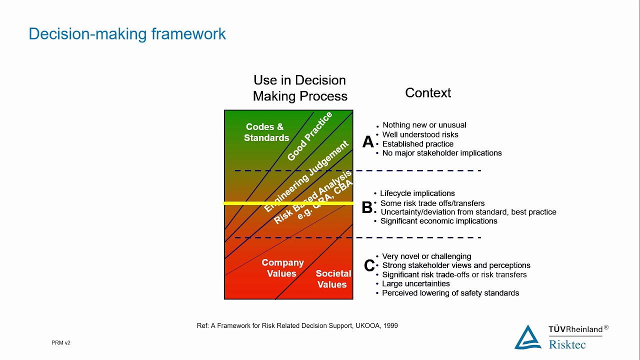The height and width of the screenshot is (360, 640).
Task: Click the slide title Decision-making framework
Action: (127, 34)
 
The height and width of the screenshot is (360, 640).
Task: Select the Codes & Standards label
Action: (266, 132)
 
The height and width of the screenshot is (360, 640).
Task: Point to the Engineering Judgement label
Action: (306, 176)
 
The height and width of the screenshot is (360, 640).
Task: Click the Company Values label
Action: (282, 268)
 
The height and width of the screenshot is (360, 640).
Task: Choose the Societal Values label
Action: (333, 279)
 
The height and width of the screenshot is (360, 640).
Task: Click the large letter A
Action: (368, 142)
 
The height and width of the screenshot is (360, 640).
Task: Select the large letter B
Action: (367, 207)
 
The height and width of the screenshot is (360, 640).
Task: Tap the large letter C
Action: (369, 266)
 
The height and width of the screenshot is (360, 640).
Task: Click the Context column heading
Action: (428, 93)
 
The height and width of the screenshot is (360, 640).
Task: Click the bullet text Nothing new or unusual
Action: (424, 125)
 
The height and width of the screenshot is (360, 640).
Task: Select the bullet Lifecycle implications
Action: (417, 193)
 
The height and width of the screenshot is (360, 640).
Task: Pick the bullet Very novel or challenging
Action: (426, 256)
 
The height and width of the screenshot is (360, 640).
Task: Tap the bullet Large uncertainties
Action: (415, 284)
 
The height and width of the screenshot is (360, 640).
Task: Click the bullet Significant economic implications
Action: (438, 221)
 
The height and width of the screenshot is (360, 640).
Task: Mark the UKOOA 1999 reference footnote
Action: (297, 325)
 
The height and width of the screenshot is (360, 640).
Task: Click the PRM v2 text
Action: (61, 343)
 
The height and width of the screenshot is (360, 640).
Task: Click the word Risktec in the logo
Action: (567, 344)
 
